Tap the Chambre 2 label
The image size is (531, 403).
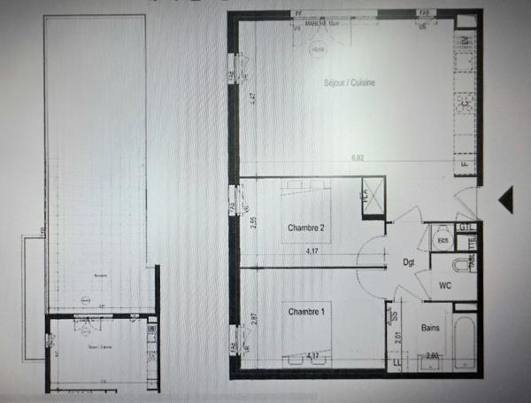pyautogui.click(x=306, y=229)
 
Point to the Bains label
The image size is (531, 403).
pyautogui.click(x=432, y=328)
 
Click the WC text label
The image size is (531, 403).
pyautogui.click(x=445, y=285)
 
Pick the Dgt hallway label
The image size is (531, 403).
pyautogui.click(x=409, y=263)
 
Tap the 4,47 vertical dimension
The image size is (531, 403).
pyautogui.click(x=252, y=99)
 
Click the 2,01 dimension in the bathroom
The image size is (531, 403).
pyautogui.click(x=400, y=337)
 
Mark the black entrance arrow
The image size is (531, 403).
pyautogui.click(x=505, y=200)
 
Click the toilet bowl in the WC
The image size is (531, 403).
pyautogui.click(x=459, y=265)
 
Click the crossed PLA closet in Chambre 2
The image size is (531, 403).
pyautogui.click(x=373, y=196)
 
